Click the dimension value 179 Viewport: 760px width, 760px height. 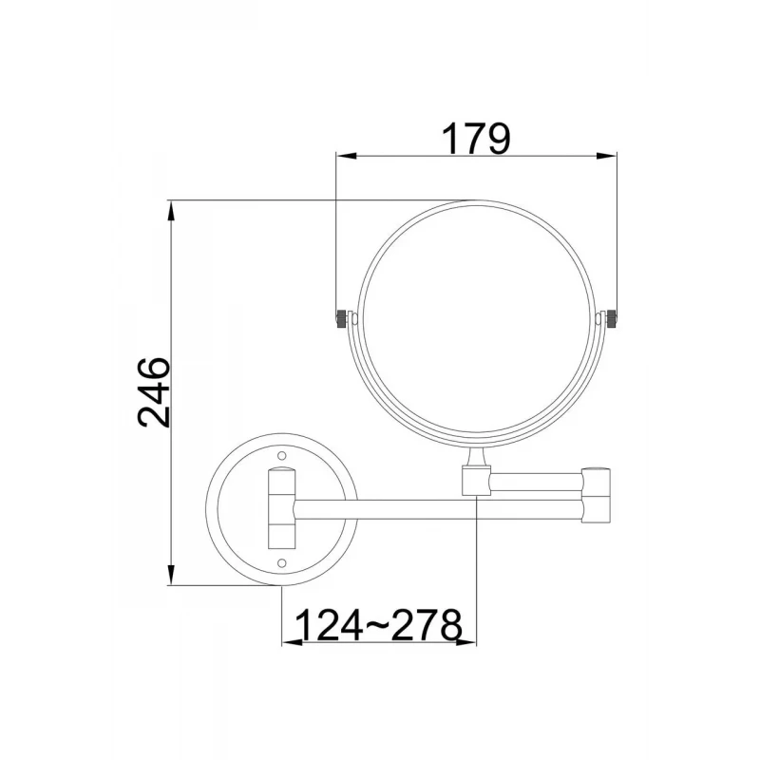tap(477, 139)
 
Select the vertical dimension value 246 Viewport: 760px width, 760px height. tap(154, 392)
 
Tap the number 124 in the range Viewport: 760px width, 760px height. tap(329, 625)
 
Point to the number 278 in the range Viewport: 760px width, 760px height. tap(427, 625)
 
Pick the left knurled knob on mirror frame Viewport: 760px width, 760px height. tap(342, 318)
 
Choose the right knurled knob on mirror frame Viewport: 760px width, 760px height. tap(611, 318)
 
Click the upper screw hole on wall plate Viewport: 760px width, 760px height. tap(281, 456)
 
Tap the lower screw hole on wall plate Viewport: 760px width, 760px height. tap(281, 562)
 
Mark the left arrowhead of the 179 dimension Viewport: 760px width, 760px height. tap(346, 156)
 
